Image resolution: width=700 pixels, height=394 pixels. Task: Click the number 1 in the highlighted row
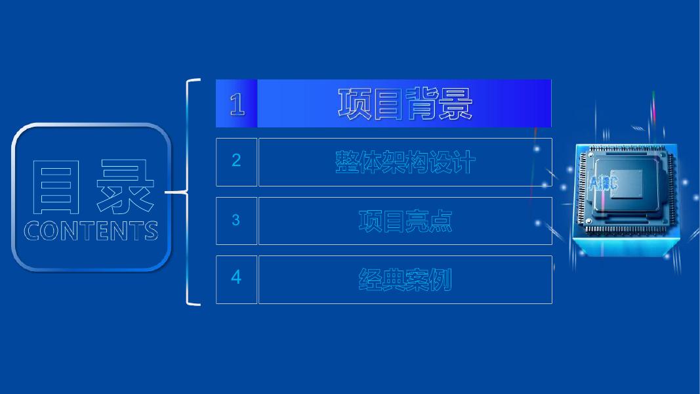click(x=237, y=104)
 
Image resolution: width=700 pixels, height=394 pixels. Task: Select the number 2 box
click(x=236, y=161)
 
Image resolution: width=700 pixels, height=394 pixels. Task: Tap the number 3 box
click(x=236, y=221)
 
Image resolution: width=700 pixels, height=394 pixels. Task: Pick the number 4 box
click(x=236, y=278)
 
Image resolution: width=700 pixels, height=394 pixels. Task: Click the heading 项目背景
click(x=405, y=104)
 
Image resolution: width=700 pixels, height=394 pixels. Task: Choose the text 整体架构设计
click(x=405, y=162)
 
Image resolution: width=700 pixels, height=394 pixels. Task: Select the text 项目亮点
click(x=405, y=221)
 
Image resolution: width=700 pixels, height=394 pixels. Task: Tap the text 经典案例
click(x=405, y=280)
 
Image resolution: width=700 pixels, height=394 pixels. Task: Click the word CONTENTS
click(x=91, y=231)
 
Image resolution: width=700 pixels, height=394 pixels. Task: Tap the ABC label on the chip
click(x=603, y=184)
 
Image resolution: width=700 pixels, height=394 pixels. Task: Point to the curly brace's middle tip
click(x=167, y=192)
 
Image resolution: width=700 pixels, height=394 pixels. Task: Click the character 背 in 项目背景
click(x=422, y=104)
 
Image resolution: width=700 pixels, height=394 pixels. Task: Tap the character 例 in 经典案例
click(x=440, y=280)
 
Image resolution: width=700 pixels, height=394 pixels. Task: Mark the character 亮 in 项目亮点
click(x=417, y=221)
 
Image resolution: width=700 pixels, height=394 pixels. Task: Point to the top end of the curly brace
click(x=199, y=80)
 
